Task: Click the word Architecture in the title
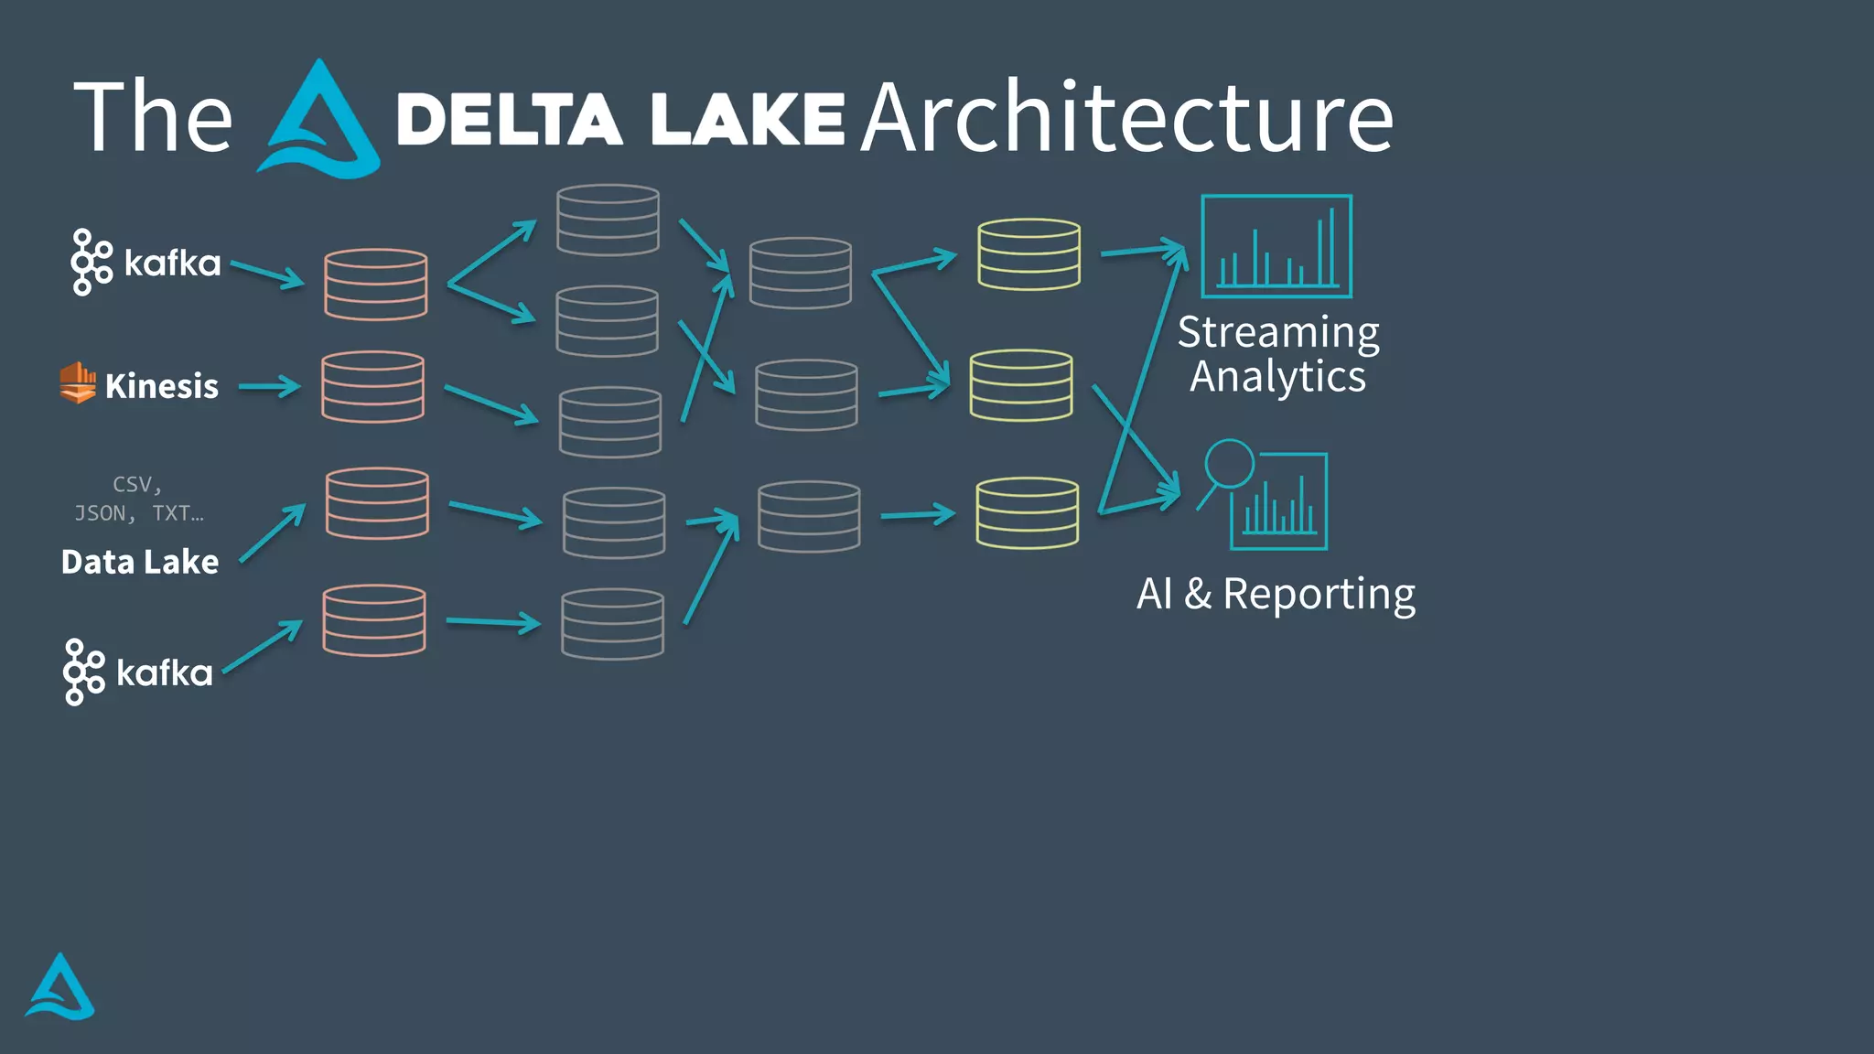(1126, 118)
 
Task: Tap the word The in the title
(153, 118)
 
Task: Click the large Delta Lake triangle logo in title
(318, 121)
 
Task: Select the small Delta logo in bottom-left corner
(59, 987)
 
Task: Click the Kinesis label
(162, 387)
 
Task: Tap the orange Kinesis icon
(78, 382)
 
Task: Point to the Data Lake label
(140, 562)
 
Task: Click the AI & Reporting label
(1276, 594)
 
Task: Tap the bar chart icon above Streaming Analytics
(1276, 246)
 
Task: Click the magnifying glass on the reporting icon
(1228, 464)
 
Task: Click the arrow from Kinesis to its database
(270, 387)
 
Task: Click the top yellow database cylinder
(1029, 254)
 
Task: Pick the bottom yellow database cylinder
(1027, 512)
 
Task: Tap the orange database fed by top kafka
(375, 285)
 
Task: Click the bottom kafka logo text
(165, 673)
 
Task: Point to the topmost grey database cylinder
(608, 220)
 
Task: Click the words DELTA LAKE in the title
(619, 120)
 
